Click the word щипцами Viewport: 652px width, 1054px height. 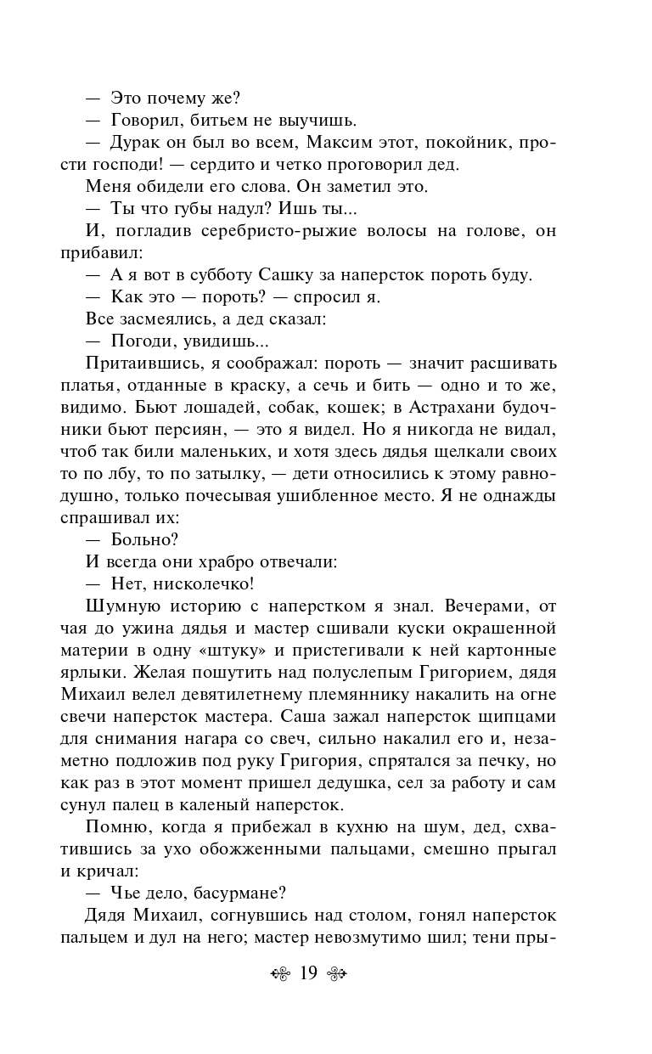[521, 716]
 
